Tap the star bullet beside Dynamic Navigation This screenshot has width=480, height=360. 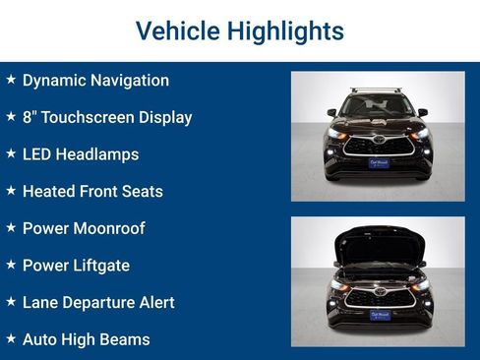(x=11, y=80)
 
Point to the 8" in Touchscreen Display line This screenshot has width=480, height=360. (x=30, y=117)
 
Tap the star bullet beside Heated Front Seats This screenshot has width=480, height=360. (x=11, y=191)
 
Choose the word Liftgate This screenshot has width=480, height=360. (x=99, y=266)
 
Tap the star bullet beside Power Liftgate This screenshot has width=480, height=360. (x=11, y=265)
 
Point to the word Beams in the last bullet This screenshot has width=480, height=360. (x=125, y=339)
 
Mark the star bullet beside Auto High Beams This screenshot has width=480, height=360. (x=11, y=338)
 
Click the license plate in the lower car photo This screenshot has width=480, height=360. (x=379, y=315)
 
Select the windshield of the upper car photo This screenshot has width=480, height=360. (x=378, y=106)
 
